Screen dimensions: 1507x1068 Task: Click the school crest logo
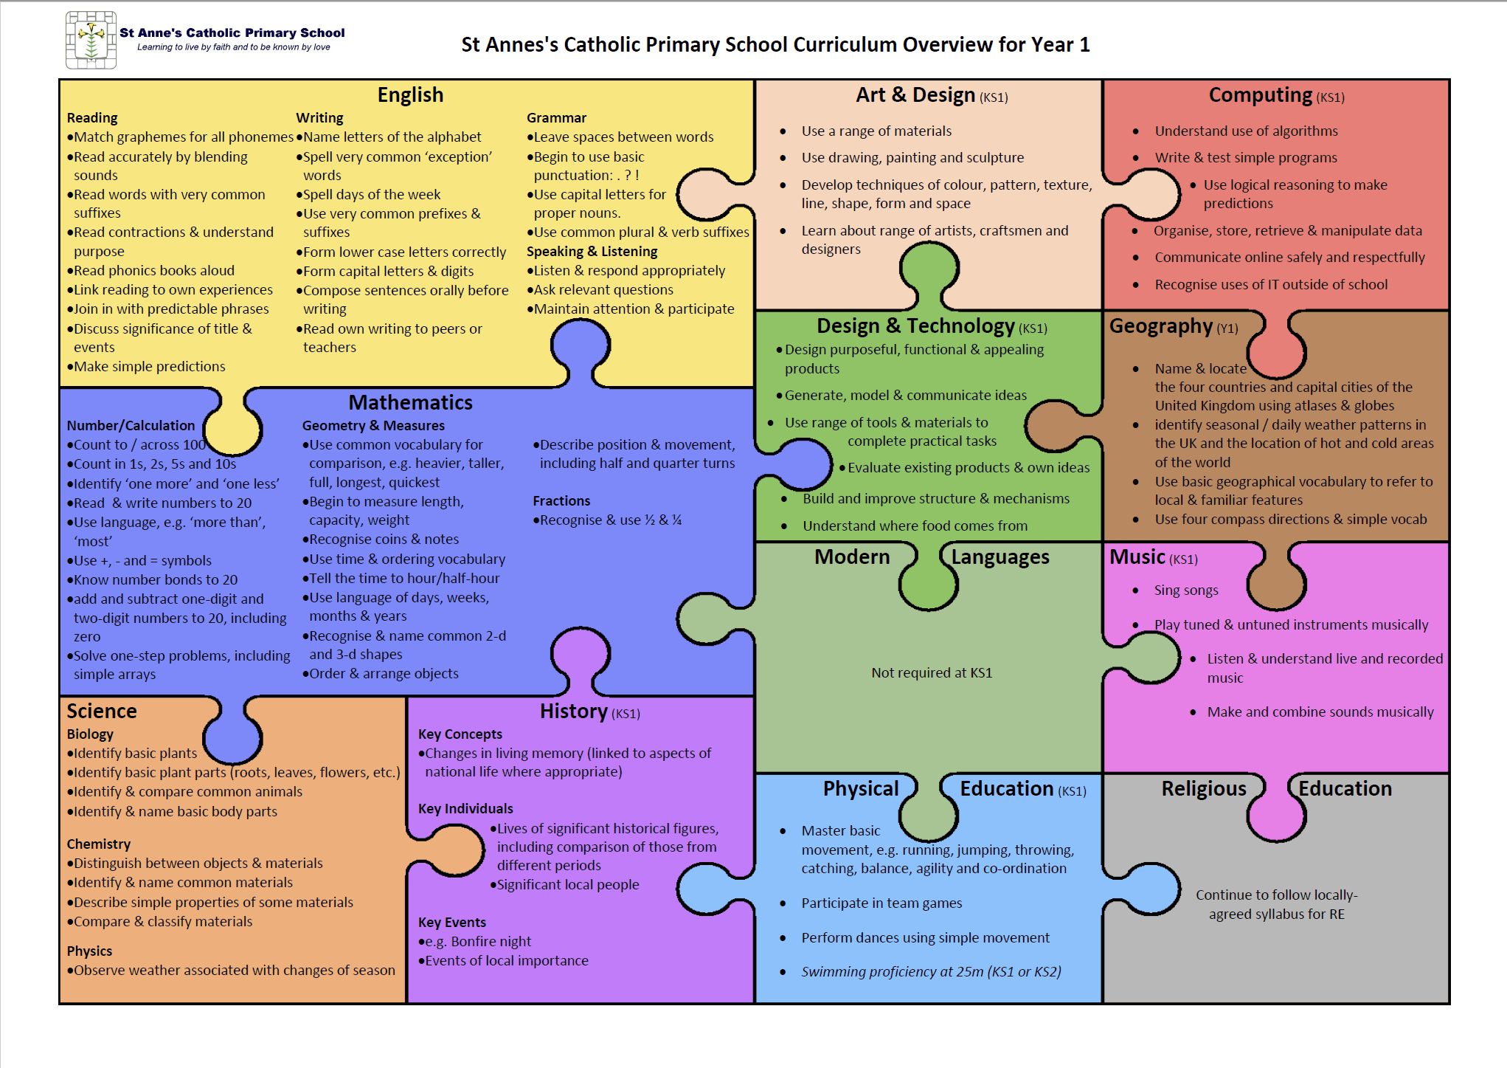91,40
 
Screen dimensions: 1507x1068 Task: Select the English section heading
410,95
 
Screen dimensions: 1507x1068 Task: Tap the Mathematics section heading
410,402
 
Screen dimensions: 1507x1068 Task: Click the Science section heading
102,711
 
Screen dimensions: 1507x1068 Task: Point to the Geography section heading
1161,326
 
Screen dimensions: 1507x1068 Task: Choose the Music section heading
1137,557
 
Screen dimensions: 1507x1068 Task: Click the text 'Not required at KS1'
932,672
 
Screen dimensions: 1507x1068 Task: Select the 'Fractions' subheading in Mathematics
561,501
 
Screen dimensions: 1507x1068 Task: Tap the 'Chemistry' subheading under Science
99,844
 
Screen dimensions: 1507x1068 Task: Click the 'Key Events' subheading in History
452,922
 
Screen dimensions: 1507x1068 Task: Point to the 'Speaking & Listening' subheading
592,251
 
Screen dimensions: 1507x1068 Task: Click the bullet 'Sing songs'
1186,590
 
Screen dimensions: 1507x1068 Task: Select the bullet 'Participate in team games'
881,903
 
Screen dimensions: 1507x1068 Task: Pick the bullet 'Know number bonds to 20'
156,579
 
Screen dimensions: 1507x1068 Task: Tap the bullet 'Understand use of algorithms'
1246,131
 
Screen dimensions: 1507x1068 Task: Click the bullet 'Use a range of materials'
876,131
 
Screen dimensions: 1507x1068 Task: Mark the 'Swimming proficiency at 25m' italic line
931,972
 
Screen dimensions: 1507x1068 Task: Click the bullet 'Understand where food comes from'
915,526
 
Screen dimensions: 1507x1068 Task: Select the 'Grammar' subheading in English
556,118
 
